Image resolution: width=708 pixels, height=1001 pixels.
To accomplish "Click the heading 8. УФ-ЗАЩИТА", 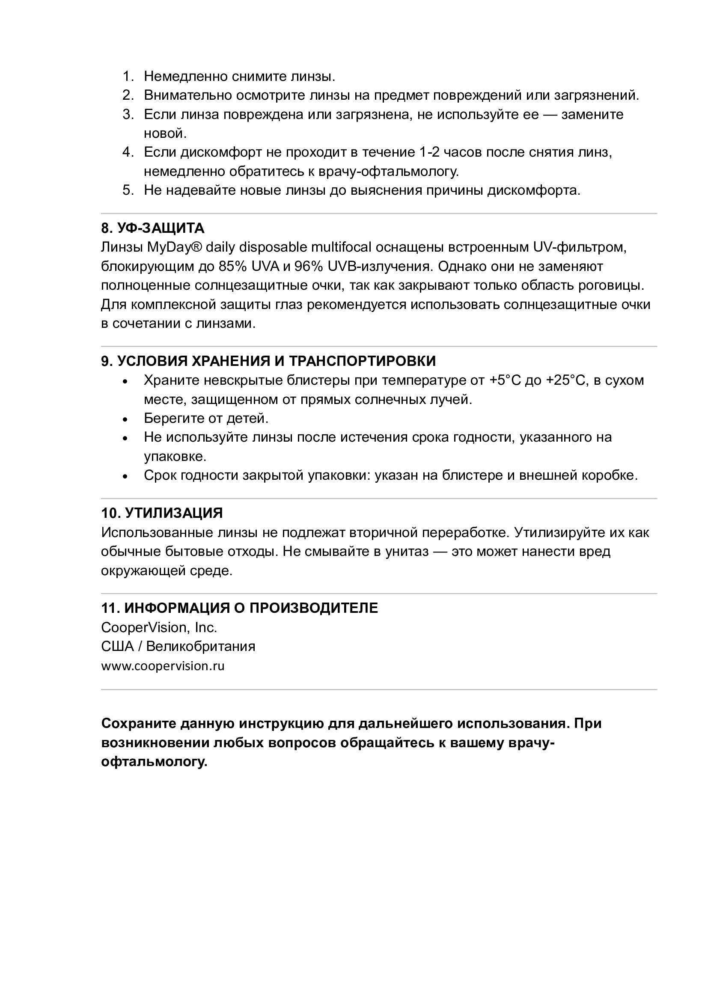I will (x=152, y=228).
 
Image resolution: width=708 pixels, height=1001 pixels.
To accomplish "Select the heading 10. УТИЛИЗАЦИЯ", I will (x=162, y=513).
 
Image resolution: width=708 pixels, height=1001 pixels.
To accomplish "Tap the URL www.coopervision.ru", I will (x=163, y=666).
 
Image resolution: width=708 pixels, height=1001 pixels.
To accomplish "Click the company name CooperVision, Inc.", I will (x=159, y=627).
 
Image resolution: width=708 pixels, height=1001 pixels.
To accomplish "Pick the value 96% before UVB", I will (x=309, y=266).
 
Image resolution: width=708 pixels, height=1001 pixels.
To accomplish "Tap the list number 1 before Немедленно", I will (x=128, y=76).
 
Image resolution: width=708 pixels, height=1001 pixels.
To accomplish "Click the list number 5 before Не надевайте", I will (x=128, y=190).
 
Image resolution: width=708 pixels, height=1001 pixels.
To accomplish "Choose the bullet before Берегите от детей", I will (x=125, y=419).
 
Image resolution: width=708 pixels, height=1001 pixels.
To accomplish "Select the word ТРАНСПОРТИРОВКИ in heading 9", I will (x=362, y=361).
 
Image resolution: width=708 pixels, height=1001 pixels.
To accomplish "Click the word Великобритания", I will (x=200, y=646).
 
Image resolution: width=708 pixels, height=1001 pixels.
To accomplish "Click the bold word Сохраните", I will (x=138, y=723).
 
